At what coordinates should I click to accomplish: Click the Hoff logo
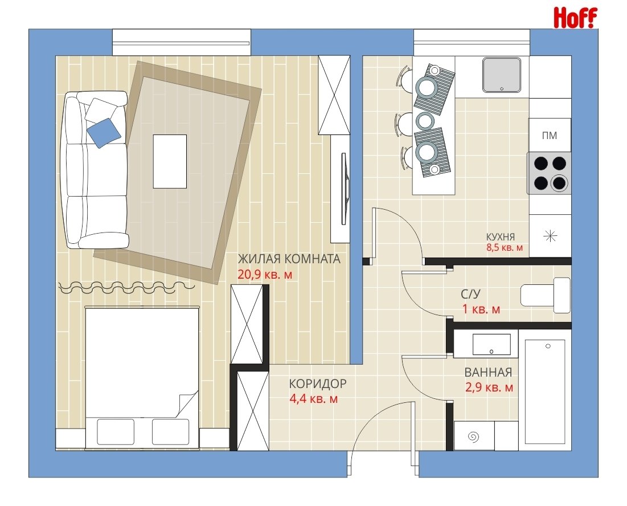pyautogui.click(x=575, y=18)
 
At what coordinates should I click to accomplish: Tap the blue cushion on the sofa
pyautogui.click(x=104, y=133)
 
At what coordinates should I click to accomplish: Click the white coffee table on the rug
pyautogui.click(x=170, y=161)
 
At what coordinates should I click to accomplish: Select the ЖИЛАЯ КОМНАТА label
pyautogui.click(x=289, y=259)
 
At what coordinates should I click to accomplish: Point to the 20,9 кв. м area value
pyautogui.click(x=265, y=275)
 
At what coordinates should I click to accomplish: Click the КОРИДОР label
pyautogui.click(x=318, y=383)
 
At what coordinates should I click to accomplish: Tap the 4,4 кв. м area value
pyautogui.click(x=313, y=399)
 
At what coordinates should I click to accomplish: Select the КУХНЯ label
pyautogui.click(x=500, y=236)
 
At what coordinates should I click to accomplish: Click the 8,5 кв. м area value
pyautogui.click(x=504, y=248)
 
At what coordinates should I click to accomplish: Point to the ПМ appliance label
pyautogui.click(x=550, y=136)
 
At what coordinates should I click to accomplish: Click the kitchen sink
pyautogui.click(x=502, y=75)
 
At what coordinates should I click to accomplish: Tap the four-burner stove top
pyautogui.click(x=550, y=173)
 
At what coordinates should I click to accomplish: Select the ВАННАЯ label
pyautogui.click(x=488, y=373)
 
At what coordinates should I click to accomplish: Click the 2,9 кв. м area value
pyautogui.click(x=489, y=387)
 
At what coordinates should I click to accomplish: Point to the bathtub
pyautogui.click(x=545, y=391)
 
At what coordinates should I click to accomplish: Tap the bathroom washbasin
pyautogui.click(x=491, y=344)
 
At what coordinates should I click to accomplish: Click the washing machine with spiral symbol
pyautogui.click(x=474, y=436)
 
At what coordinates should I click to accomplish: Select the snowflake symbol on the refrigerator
pyautogui.click(x=550, y=236)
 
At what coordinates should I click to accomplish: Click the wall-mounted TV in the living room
pyautogui.click(x=345, y=189)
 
